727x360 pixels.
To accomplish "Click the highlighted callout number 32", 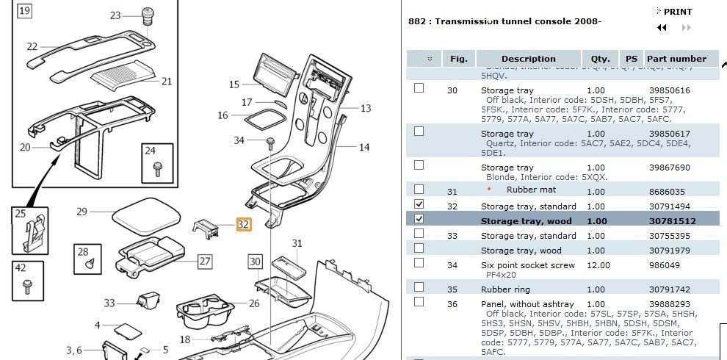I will point(243,224).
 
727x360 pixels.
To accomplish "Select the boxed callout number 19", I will point(24,11).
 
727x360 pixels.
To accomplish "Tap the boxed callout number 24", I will point(150,151).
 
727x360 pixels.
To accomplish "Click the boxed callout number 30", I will point(255,261).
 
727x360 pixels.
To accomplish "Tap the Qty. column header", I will point(601,59).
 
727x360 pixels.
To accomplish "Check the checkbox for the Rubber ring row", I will point(419,287).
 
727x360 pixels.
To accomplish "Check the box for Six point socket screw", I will point(419,263).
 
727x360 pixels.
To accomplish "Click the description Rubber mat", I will point(531,190).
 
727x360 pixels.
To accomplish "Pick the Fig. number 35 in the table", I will point(452,289).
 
